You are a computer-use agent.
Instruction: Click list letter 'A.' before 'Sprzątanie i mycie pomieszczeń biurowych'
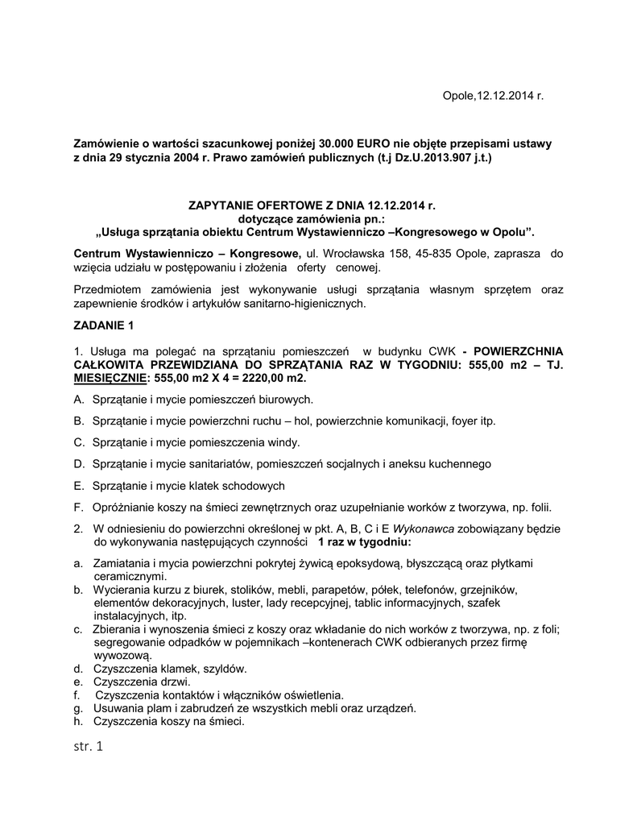coord(79,400)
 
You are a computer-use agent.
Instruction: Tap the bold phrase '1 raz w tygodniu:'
coord(365,543)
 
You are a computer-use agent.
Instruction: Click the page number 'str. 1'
coord(88,748)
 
